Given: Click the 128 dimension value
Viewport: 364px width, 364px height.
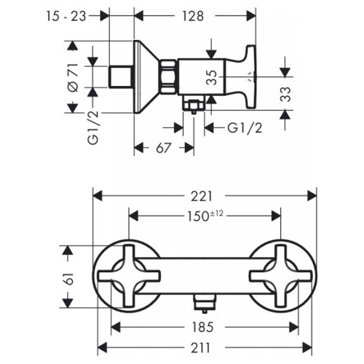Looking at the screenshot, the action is tap(193, 16).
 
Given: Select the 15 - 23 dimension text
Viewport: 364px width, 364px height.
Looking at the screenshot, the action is tap(66, 16).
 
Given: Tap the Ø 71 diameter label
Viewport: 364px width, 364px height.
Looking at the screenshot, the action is tap(73, 77).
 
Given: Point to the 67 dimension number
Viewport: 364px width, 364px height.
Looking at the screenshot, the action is tap(163, 148).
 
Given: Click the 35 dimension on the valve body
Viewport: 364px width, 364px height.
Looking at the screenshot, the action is tap(211, 77).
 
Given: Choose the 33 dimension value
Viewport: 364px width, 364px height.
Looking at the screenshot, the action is tap(285, 94).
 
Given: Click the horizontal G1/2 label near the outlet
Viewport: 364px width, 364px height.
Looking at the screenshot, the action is tap(245, 128).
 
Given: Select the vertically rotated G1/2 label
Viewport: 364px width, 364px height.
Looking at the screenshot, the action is tap(93, 127).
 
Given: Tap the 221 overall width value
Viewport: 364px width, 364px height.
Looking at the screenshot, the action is tap(202, 196).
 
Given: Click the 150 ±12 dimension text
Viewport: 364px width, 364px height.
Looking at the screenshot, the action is tap(205, 216).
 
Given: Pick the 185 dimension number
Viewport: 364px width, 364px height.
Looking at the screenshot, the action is tap(202, 327).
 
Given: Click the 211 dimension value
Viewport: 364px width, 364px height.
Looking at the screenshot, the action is tap(200, 348).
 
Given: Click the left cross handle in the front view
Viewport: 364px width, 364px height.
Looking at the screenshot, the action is tap(129, 276).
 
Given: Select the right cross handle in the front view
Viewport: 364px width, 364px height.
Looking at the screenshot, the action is tap(281, 276).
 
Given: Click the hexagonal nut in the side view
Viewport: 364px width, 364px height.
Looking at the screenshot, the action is tap(167, 76).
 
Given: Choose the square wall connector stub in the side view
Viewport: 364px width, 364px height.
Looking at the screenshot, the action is tap(121, 76).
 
